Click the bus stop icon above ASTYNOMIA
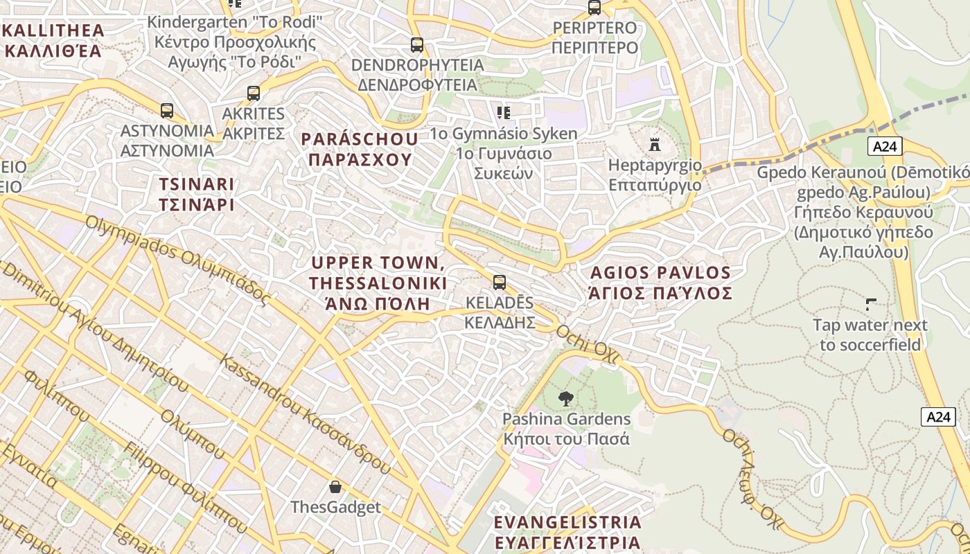tap(166, 111)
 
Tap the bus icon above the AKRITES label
tap(254, 93)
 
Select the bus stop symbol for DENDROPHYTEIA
tap(416, 45)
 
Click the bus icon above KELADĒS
tap(499, 283)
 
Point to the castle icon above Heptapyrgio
tap(655, 144)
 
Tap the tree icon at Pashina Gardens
tap(566, 399)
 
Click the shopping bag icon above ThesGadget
tap(335, 487)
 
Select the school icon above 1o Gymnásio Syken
tap(504, 112)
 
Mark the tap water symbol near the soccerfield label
tap(871, 304)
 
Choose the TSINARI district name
tap(197, 195)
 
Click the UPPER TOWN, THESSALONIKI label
tap(378, 283)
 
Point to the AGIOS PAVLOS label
tap(660, 283)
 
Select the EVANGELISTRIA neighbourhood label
tap(567, 531)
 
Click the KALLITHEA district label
tap(54, 40)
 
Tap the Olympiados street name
tap(177, 260)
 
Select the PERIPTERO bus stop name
tap(594, 37)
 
